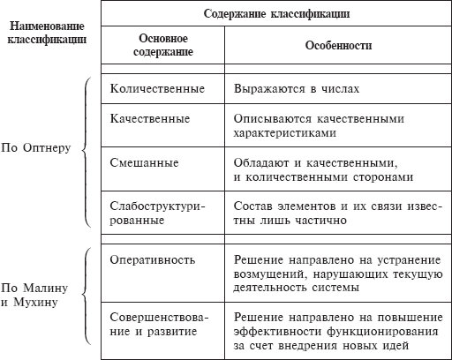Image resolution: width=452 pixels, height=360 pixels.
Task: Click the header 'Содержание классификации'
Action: (275, 14)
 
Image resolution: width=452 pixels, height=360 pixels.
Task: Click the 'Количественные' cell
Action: (157, 89)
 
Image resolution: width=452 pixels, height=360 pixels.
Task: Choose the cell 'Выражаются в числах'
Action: (296, 89)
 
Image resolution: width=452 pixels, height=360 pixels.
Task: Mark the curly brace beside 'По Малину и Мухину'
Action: (85, 296)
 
